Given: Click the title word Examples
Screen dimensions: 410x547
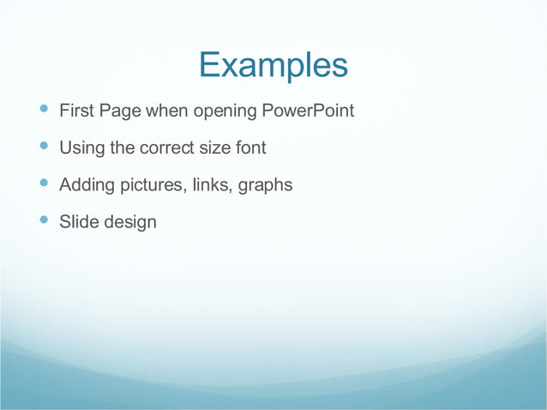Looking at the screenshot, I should (x=273, y=65).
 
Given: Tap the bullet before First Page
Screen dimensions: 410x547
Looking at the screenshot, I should (x=44, y=110).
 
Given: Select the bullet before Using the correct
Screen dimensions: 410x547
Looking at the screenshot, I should (x=44, y=147).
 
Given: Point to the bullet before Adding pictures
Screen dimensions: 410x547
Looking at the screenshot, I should (x=44, y=184).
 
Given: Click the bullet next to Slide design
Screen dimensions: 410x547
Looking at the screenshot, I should (x=44, y=220).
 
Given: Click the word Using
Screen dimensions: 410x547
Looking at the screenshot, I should (x=81, y=148).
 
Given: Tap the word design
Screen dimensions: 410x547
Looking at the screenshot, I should (x=130, y=223).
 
